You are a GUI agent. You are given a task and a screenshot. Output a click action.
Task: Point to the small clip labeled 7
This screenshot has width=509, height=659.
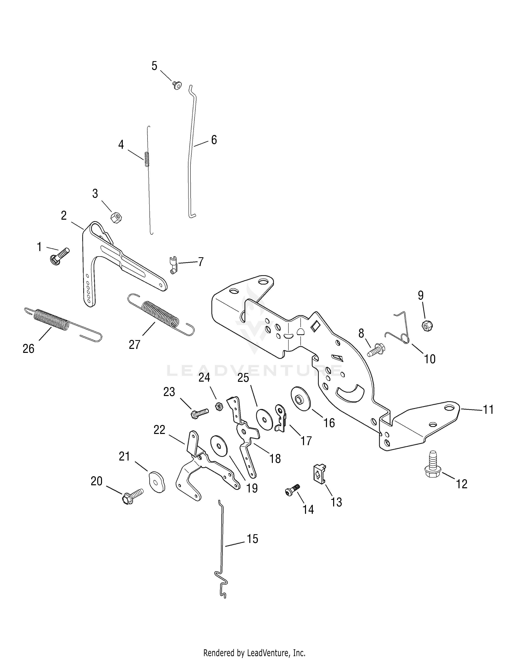(x=173, y=264)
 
